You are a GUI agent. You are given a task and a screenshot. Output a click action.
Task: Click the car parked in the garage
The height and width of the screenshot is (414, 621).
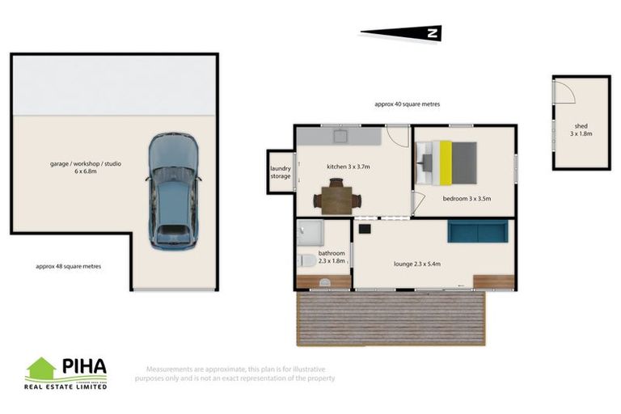tap(172, 192)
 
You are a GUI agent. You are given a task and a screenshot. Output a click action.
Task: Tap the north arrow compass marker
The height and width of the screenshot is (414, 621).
tap(401, 33)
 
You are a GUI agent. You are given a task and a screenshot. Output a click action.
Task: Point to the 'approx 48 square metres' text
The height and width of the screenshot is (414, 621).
tap(69, 265)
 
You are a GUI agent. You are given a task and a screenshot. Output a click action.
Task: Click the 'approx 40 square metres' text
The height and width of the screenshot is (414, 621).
tap(407, 104)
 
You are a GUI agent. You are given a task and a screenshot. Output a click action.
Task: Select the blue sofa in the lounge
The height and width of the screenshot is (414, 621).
tap(477, 232)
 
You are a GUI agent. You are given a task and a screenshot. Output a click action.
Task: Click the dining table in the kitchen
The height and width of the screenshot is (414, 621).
tap(336, 196)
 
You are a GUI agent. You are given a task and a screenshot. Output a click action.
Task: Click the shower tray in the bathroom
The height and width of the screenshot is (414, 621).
tap(310, 234)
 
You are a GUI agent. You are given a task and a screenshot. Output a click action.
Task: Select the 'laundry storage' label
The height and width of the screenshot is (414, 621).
tap(280, 172)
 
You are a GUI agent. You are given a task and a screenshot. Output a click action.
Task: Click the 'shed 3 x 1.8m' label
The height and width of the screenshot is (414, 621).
tap(581, 129)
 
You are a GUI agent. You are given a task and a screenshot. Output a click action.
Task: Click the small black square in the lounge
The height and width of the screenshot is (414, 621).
tap(364, 229)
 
